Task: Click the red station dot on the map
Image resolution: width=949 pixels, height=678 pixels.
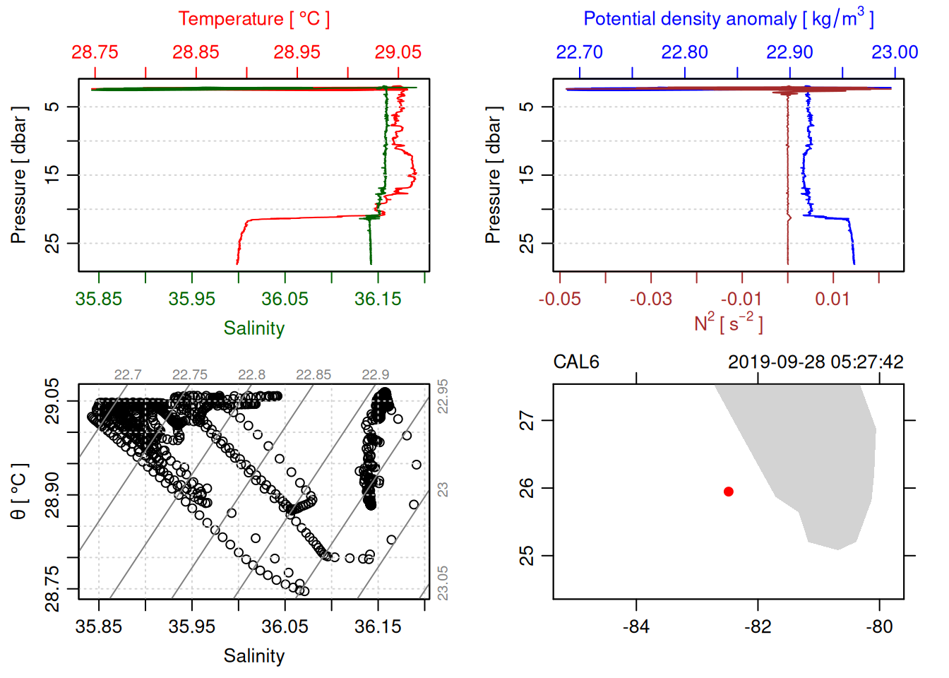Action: pos(729,492)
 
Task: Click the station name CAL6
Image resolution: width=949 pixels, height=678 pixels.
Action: pos(576,362)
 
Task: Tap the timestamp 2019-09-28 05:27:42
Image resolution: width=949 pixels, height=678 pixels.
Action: pos(816,362)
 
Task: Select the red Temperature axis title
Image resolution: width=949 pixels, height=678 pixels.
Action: pos(253,19)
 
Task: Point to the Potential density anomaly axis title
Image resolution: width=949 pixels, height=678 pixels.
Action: pos(729,18)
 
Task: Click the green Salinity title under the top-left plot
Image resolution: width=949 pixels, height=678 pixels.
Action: pos(253,328)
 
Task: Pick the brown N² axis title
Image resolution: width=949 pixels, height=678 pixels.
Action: pos(729,323)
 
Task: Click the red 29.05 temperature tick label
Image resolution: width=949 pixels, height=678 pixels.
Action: pos(398,52)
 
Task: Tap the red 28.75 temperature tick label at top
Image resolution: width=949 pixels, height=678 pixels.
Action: pos(95,52)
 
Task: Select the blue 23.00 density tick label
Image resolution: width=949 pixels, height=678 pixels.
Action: pos(895,52)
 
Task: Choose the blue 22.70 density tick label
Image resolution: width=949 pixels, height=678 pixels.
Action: pos(580,52)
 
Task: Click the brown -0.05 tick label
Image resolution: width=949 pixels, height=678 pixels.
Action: pos(560,299)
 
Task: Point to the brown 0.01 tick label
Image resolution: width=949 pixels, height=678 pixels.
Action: pos(832,299)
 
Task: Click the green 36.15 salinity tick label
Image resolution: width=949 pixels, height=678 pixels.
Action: pos(378,299)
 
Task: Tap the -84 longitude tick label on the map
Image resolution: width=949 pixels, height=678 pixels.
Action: pos(636,627)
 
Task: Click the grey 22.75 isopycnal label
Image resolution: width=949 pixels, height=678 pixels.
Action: pos(190,375)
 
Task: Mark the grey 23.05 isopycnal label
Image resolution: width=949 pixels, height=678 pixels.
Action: pos(443,583)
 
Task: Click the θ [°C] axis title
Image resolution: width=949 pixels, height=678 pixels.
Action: pos(19,492)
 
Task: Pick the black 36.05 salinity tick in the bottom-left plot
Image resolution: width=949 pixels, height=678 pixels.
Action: pos(285,627)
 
